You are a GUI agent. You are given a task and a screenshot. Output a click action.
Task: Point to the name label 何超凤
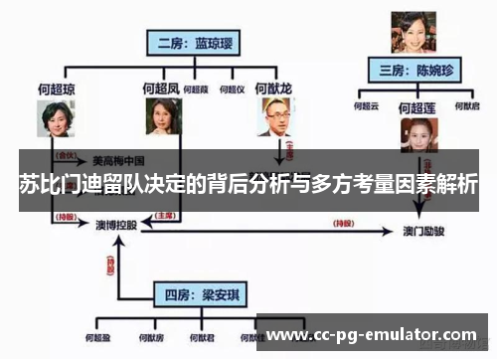(x=160, y=90)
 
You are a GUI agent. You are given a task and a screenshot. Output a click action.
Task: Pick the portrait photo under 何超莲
(x=418, y=134)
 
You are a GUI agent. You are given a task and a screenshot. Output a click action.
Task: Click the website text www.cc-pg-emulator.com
(x=373, y=334)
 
